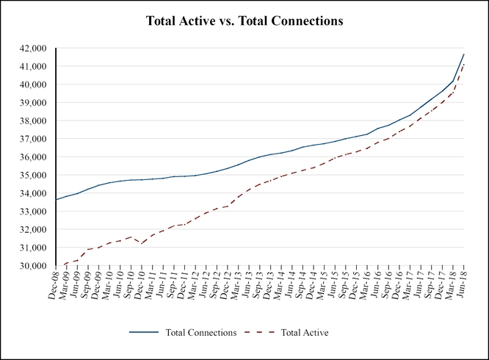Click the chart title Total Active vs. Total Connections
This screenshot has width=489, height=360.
pyautogui.click(x=244, y=21)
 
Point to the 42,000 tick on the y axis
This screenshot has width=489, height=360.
pyautogui.click(x=33, y=48)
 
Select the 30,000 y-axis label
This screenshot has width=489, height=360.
pyautogui.click(x=33, y=266)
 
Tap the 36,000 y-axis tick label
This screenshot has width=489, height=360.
pyautogui.click(x=33, y=157)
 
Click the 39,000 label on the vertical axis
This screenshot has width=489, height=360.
pyautogui.click(x=33, y=103)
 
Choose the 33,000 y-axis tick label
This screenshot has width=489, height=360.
pyautogui.click(x=33, y=212)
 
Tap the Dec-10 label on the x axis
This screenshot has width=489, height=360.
pyautogui.click(x=140, y=282)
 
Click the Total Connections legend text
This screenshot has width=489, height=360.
pyautogui.click(x=201, y=333)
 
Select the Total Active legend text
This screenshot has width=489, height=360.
pyautogui.click(x=304, y=333)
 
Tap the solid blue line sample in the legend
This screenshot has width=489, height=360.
pyautogui.click(x=145, y=333)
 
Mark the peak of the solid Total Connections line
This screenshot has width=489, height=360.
pyautogui.click(x=464, y=54)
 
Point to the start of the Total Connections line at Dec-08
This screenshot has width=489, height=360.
pyautogui.click(x=56, y=200)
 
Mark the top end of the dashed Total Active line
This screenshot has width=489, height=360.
pyautogui.click(x=464, y=64)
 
